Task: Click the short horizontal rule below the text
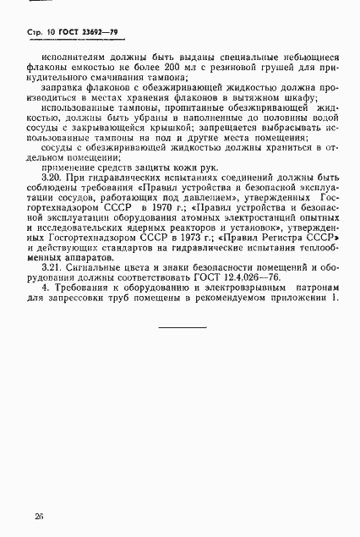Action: (x=182, y=327)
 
